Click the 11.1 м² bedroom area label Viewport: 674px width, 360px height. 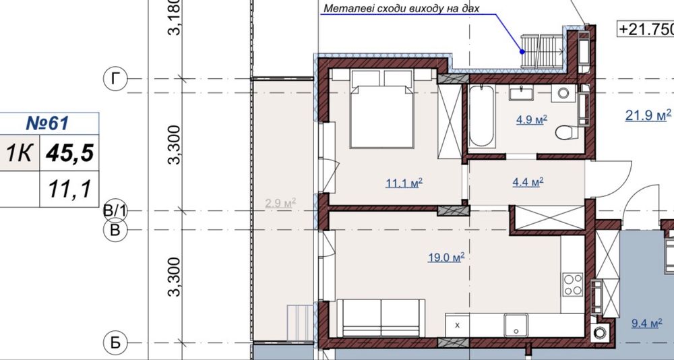tap(404, 183)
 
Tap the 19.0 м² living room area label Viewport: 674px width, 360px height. tap(446, 258)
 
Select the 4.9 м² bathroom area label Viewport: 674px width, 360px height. tap(531, 119)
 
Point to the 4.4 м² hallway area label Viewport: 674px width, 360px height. tap(528, 183)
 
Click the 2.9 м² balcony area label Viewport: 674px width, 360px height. tap(280, 203)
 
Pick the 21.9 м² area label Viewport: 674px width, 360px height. tap(648, 115)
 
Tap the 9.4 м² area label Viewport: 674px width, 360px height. tap(646, 324)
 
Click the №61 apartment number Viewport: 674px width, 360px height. tap(47, 123)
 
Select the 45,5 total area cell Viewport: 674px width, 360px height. tap(69, 152)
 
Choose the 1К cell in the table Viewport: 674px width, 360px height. tap(20, 152)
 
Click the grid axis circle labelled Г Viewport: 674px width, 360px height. tap(115, 79)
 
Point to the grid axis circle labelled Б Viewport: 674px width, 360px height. tap(115, 342)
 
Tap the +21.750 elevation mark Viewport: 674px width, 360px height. tap(645, 29)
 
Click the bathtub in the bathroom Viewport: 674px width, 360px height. tap(481, 117)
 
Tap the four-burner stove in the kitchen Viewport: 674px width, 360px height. tap(572, 284)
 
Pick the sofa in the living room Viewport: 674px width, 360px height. tap(381, 318)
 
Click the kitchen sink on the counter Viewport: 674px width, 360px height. tap(516, 324)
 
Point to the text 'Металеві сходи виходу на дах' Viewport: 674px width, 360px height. tap(401, 9)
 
